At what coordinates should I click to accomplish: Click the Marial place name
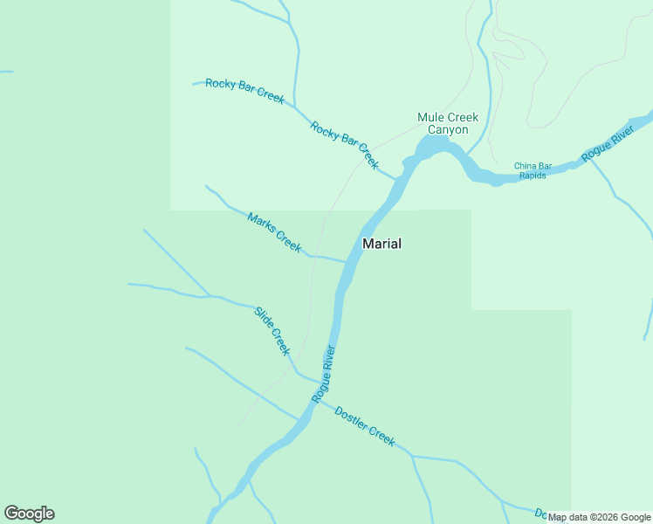tap(381, 244)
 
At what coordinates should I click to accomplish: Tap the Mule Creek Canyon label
tap(448, 123)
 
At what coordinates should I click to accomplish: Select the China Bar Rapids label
tap(533, 170)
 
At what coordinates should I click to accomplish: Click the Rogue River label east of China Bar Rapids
tap(608, 141)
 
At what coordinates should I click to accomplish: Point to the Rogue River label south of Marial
tap(324, 375)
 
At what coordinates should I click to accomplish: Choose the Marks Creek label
tap(274, 232)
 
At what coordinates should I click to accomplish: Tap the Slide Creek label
tap(272, 330)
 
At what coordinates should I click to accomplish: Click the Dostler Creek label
tap(365, 426)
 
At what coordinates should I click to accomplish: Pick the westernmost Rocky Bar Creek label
tap(244, 91)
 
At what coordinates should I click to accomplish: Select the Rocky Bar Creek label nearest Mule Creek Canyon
tap(345, 144)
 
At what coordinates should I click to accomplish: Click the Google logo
tap(29, 514)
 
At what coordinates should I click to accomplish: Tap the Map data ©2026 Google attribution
tap(600, 518)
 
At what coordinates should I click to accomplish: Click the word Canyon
tap(448, 130)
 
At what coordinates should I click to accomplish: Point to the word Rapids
tap(533, 176)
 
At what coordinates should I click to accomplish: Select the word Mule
tap(431, 117)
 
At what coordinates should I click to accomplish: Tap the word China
tap(524, 166)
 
